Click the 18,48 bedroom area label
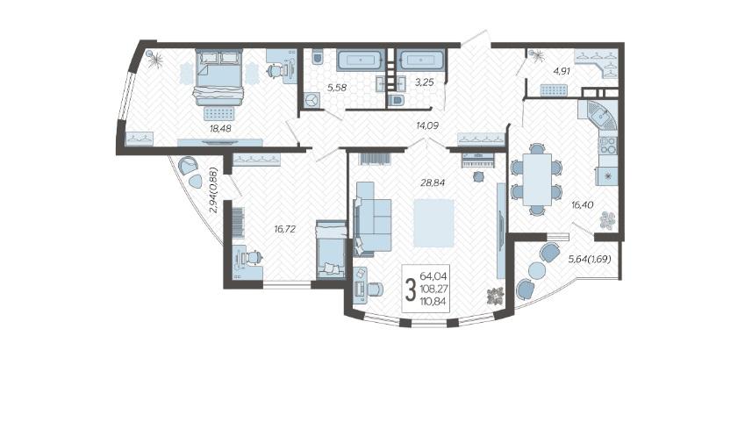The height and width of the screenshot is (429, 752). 220,128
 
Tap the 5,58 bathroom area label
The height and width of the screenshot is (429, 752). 337,88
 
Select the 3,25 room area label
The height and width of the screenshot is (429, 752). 425,82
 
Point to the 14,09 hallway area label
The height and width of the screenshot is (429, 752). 428,125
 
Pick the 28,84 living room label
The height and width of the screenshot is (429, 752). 433,182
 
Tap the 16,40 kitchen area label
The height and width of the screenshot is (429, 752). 583,204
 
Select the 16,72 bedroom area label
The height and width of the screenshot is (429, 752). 285,229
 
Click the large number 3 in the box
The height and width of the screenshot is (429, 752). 410,290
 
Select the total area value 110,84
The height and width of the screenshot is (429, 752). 433,302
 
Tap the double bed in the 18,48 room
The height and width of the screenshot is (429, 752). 218,76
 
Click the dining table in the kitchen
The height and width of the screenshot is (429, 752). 537,179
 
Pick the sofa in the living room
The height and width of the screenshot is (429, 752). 372,218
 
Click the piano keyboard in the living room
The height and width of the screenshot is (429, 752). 477,161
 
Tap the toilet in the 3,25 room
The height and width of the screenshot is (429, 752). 396,100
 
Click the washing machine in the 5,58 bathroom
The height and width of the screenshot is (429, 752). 312,101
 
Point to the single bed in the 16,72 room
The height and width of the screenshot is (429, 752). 331,249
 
